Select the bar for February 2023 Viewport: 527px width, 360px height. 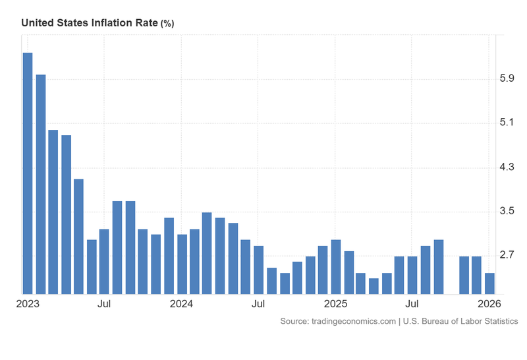click(x=41, y=184)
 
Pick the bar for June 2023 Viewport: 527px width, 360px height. click(x=92, y=266)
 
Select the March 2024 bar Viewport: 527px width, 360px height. click(x=207, y=253)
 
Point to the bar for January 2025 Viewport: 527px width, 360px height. click(x=336, y=266)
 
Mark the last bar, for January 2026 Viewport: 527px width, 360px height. click(x=490, y=283)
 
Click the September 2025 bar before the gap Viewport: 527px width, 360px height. click(x=439, y=266)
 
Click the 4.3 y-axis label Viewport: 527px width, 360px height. click(x=507, y=167)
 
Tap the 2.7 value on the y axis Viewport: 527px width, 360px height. click(x=507, y=255)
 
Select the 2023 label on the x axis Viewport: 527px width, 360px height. click(x=28, y=304)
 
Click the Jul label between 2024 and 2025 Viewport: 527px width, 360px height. click(x=258, y=304)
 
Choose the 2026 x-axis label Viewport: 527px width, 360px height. click(x=489, y=304)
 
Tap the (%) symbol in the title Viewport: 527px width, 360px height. click(x=167, y=23)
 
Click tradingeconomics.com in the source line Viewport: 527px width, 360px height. click(x=354, y=321)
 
